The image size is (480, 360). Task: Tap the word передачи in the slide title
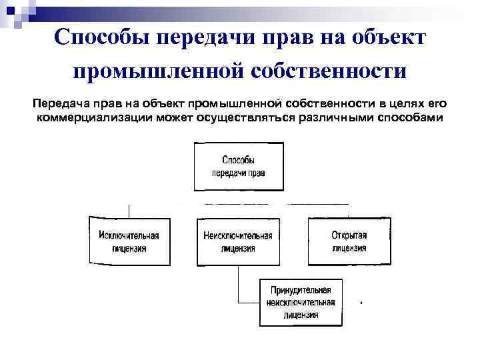[x=200, y=37]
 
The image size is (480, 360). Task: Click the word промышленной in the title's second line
[x=158, y=71]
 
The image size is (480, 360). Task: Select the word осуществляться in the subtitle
[x=243, y=117]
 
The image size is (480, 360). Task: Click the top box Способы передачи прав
[x=239, y=165]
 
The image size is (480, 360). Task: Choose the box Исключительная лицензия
[x=129, y=241]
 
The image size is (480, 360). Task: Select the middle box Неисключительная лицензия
[x=238, y=241]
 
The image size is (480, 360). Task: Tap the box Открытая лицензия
[x=349, y=241]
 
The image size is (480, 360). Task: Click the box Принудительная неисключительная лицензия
[x=300, y=302]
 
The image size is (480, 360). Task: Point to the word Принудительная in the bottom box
[x=301, y=291]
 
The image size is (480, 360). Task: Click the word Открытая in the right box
[x=349, y=235]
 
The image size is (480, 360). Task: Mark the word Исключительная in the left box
[x=129, y=235]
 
